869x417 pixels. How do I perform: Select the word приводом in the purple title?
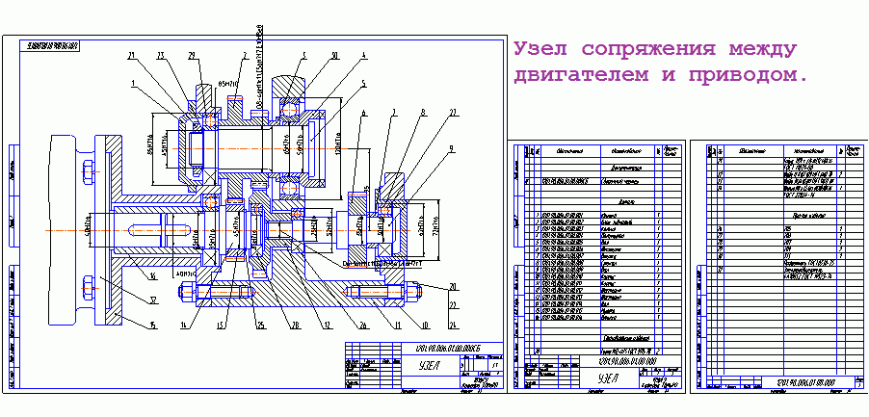tap(742, 74)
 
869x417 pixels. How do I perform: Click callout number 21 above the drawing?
tap(132, 55)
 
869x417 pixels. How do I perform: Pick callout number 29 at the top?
tap(192, 55)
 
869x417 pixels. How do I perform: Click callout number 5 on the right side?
tap(363, 84)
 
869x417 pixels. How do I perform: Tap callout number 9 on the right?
tap(450, 148)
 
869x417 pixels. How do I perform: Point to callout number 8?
tap(421, 114)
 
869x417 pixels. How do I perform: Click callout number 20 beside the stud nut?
tap(453, 287)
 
